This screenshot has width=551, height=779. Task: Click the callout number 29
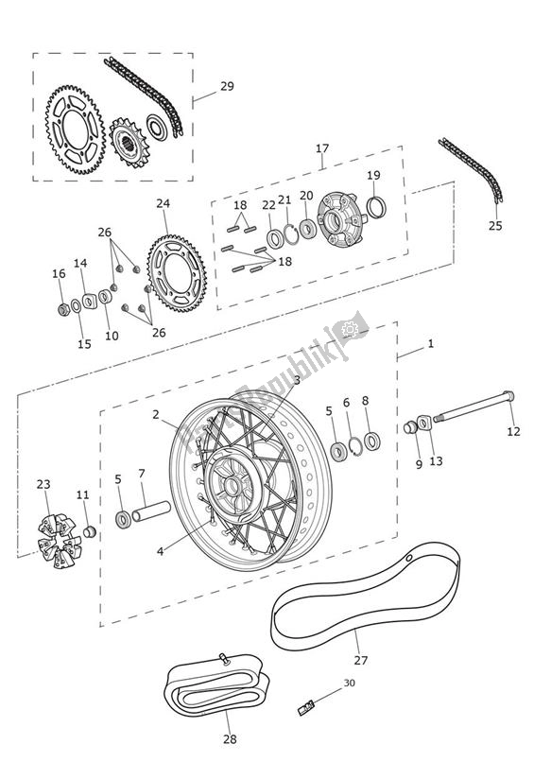pyautogui.click(x=227, y=87)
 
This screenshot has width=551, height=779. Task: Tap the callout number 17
pyautogui.click(x=322, y=147)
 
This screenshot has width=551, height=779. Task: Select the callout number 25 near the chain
pyautogui.click(x=496, y=226)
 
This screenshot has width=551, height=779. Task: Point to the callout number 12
pyautogui.click(x=513, y=432)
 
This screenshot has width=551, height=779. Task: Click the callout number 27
pyautogui.click(x=360, y=661)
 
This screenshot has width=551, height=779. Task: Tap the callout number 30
pyautogui.click(x=350, y=683)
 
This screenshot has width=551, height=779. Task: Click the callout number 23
pyautogui.click(x=43, y=485)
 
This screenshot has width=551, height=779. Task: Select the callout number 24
pyautogui.click(x=164, y=203)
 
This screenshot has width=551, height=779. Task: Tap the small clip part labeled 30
pyautogui.click(x=307, y=704)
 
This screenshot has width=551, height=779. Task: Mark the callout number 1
pyautogui.click(x=430, y=344)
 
